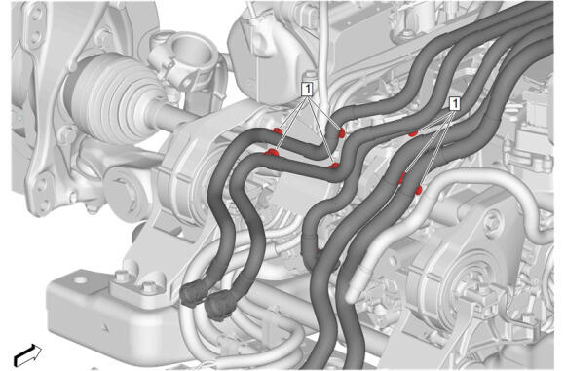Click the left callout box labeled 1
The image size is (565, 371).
(x=307, y=90)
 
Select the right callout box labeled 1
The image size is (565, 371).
(x=455, y=104)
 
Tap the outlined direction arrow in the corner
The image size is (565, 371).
(x=27, y=354)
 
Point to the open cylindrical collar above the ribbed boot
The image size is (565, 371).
(x=188, y=54)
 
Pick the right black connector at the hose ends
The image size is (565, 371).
(x=220, y=306)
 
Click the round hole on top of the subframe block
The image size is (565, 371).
(x=80, y=279)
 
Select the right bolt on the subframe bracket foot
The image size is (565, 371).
(x=148, y=287)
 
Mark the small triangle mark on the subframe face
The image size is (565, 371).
(x=104, y=327)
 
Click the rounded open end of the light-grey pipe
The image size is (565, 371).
(x=351, y=296)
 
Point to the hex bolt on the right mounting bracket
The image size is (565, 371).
(x=495, y=219)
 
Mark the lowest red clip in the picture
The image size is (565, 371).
(x=418, y=190)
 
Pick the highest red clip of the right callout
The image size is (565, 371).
(x=413, y=133)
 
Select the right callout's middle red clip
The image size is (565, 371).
(x=402, y=178)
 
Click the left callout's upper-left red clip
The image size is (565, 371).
(x=278, y=131)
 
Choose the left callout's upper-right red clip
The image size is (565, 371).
(x=341, y=133)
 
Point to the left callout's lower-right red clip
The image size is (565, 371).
(x=334, y=166)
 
